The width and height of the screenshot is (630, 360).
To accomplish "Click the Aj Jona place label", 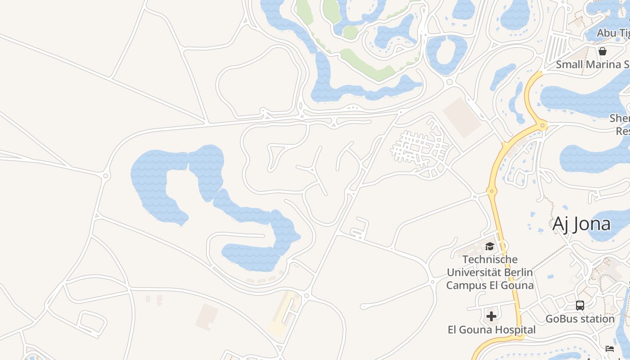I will pyautogui.click(x=581, y=224).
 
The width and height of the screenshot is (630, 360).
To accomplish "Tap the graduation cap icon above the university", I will pyautogui.click(x=490, y=246).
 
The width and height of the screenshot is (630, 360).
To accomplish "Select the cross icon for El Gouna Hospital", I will pyautogui.click(x=491, y=316).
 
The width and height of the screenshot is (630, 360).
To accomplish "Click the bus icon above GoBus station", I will pyautogui.click(x=580, y=306).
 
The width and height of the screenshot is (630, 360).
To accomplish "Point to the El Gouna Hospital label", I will pyautogui.click(x=491, y=330).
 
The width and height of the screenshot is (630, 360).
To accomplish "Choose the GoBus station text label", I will pyautogui.click(x=580, y=319).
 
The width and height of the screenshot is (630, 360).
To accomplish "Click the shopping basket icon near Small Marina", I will pyautogui.click(x=603, y=51).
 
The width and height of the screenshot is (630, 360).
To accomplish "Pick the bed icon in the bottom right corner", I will pyautogui.click(x=610, y=348).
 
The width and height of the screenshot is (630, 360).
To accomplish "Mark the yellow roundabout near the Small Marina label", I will pyautogui.click(x=543, y=125).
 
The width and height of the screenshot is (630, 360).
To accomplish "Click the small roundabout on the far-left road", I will pyautogui.click(x=106, y=175).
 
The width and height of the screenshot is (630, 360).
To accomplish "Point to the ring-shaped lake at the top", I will pyautogui.click(x=446, y=54).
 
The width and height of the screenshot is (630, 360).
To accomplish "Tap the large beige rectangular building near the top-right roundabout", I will pyautogui.click(x=462, y=117).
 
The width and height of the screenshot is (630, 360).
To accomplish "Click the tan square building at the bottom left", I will pyautogui.click(x=207, y=317).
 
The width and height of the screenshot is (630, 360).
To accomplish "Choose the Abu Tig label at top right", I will pyautogui.click(x=613, y=33).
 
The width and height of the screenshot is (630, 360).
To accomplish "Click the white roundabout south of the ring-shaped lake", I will pyautogui.click(x=449, y=82).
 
